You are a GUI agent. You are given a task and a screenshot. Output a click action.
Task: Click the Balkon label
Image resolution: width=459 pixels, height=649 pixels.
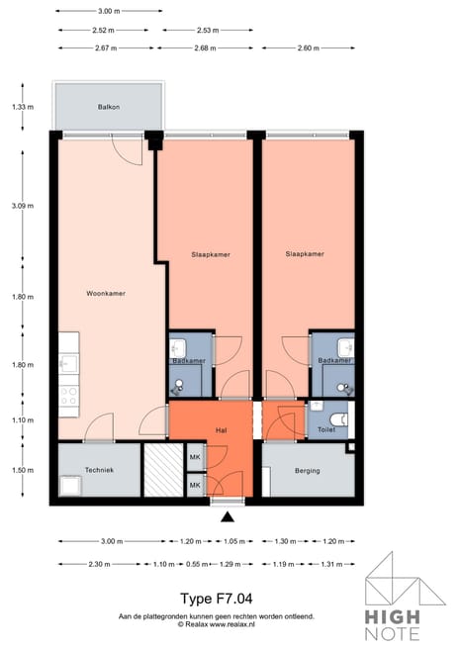point(109,106)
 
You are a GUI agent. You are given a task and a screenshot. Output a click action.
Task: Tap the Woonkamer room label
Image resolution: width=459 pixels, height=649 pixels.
point(105,294)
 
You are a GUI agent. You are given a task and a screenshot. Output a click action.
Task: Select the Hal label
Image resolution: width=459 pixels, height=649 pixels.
point(222,431)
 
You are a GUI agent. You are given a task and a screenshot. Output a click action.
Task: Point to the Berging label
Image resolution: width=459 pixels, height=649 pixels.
point(307,470)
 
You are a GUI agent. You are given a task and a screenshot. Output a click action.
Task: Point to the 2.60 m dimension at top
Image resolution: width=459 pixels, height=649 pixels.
point(308,47)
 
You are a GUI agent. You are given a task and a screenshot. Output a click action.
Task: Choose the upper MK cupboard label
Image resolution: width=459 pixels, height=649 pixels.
point(195,457)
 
